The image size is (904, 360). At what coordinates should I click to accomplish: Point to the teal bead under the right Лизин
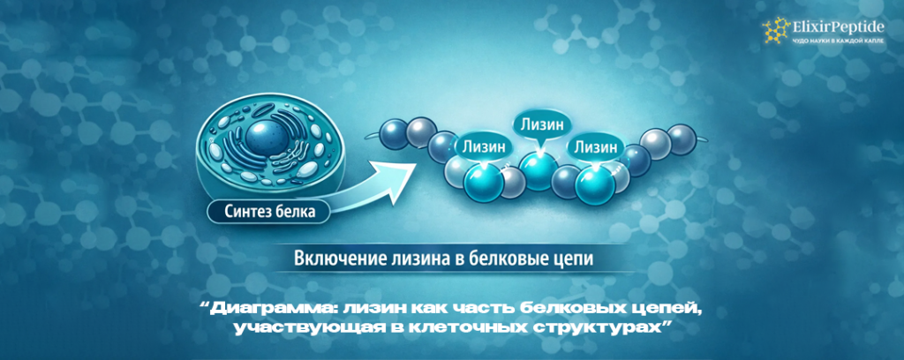point(595,183)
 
